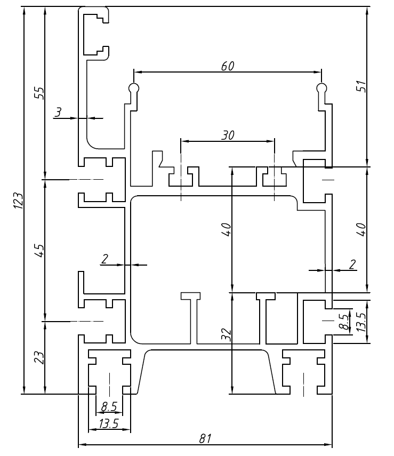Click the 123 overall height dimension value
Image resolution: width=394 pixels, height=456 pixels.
click(x=18, y=201)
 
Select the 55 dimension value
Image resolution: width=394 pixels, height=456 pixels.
click(x=38, y=93)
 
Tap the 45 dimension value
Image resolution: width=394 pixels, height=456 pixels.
click(x=38, y=250)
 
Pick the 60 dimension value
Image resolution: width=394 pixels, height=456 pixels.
click(x=228, y=66)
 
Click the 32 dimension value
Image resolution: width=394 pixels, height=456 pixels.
click(x=226, y=334)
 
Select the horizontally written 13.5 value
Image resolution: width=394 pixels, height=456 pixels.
click(x=109, y=425)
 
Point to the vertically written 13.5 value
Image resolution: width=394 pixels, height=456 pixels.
click(x=361, y=322)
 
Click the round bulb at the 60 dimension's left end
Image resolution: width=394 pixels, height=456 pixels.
click(x=133, y=87)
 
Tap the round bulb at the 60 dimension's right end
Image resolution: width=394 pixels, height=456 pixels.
click(x=321, y=87)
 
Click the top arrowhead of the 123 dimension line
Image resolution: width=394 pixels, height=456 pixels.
click(x=25, y=10)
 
